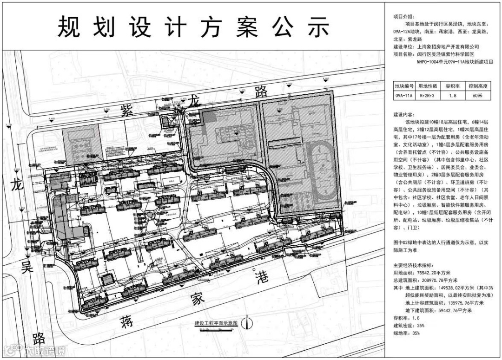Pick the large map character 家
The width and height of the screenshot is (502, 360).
click(x=198, y=300)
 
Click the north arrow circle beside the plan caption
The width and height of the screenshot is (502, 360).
click(x=249, y=322)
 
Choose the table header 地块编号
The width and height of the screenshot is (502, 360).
click(x=403, y=86)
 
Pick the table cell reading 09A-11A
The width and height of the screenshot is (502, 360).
click(x=403, y=96)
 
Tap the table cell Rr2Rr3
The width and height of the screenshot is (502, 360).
click(x=428, y=96)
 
